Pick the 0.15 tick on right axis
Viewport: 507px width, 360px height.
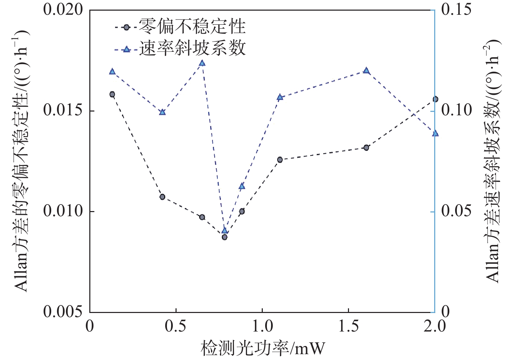pyautogui.click(x=456, y=9)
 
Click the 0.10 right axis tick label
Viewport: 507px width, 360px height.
pyautogui.click(x=456, y=111)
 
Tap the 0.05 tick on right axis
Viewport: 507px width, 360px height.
pyautogui.click(x=456, y=211)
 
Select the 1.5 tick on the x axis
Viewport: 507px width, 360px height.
pyautogui.click(x=349, y=326)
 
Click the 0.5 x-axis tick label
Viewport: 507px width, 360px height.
pyautogui.click(x=176, y=326)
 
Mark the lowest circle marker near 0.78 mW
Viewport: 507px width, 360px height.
pyautogui.click(x=224, y=237)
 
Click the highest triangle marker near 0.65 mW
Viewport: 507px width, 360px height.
pyautogui.click(x=202, y=63)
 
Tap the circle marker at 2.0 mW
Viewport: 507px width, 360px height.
pyautogui.click(x=435, y=99)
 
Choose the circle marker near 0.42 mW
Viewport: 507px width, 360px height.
pyautogui.click(x=162, y=197)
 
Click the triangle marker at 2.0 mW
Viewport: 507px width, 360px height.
pyautogui.click(x=435, y=133)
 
